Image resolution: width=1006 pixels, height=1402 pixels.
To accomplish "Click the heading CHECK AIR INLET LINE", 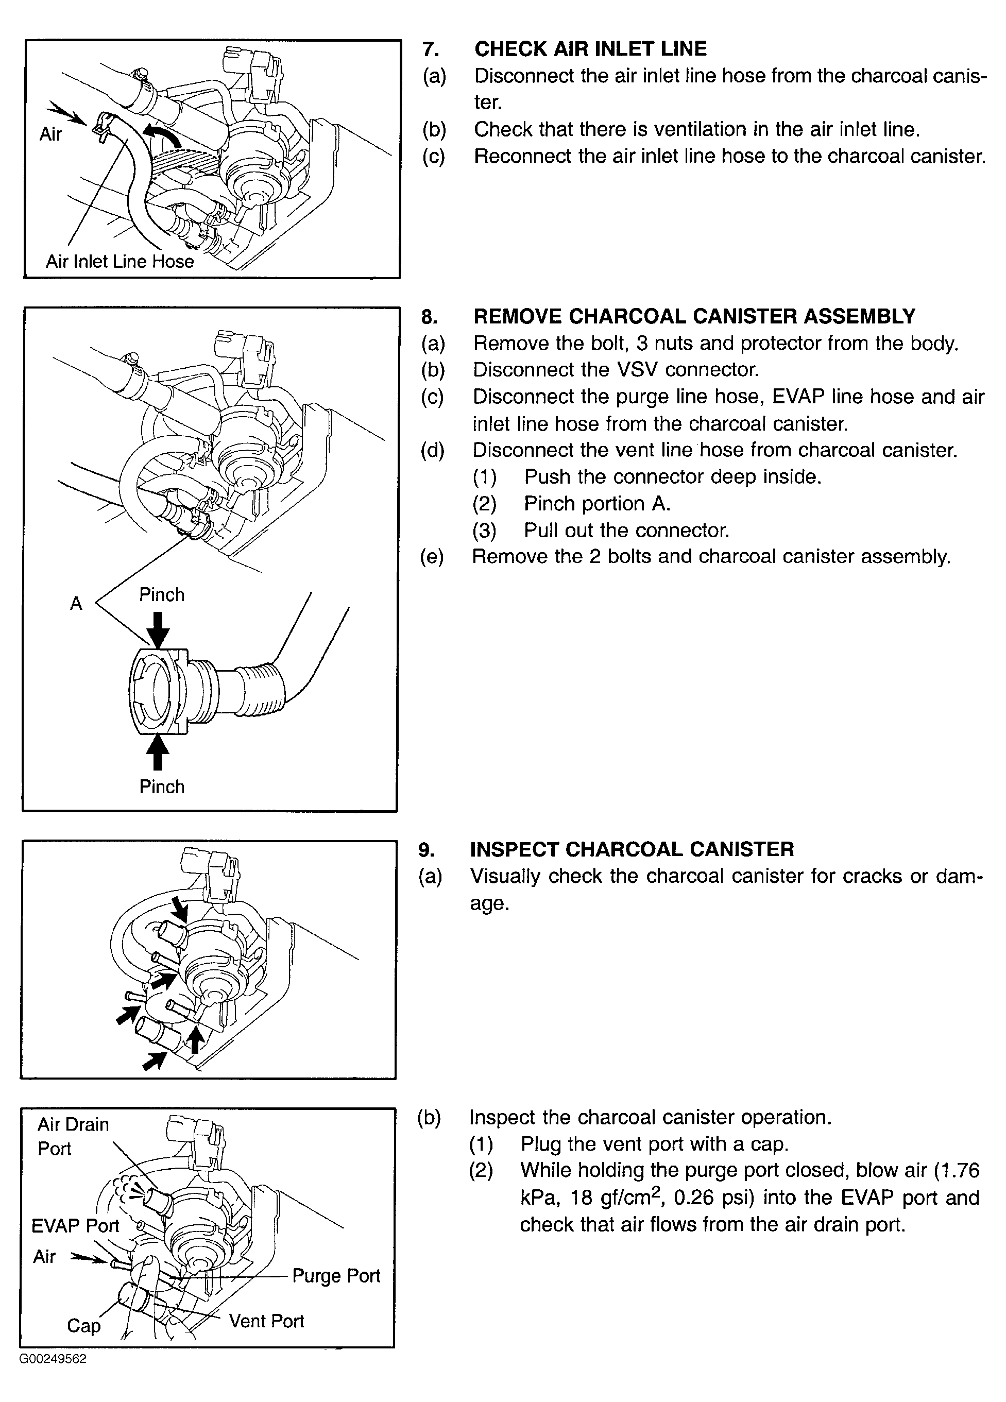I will [590, 49].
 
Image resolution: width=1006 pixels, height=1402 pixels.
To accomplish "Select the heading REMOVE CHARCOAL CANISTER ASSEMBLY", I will [694, 316].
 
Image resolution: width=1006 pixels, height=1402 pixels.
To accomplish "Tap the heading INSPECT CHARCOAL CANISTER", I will [632, 849].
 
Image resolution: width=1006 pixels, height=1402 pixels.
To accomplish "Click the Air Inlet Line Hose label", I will [120, 262].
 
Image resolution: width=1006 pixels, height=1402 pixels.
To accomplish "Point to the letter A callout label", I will [76, 603].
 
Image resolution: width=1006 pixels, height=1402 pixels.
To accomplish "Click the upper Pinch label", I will [161, 595].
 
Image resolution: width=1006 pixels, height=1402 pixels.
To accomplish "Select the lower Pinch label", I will [161, 787].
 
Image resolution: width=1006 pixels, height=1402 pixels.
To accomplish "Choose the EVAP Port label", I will [75, 1225].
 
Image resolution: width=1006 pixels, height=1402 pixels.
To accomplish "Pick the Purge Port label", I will [336, 1275].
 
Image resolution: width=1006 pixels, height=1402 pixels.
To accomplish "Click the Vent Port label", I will [266, 1321].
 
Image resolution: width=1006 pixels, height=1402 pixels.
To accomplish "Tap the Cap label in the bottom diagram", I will [83, 1325].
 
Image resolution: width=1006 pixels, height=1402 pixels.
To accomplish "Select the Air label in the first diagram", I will [50, 134].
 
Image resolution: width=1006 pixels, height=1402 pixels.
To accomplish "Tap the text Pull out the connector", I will [626, 531].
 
